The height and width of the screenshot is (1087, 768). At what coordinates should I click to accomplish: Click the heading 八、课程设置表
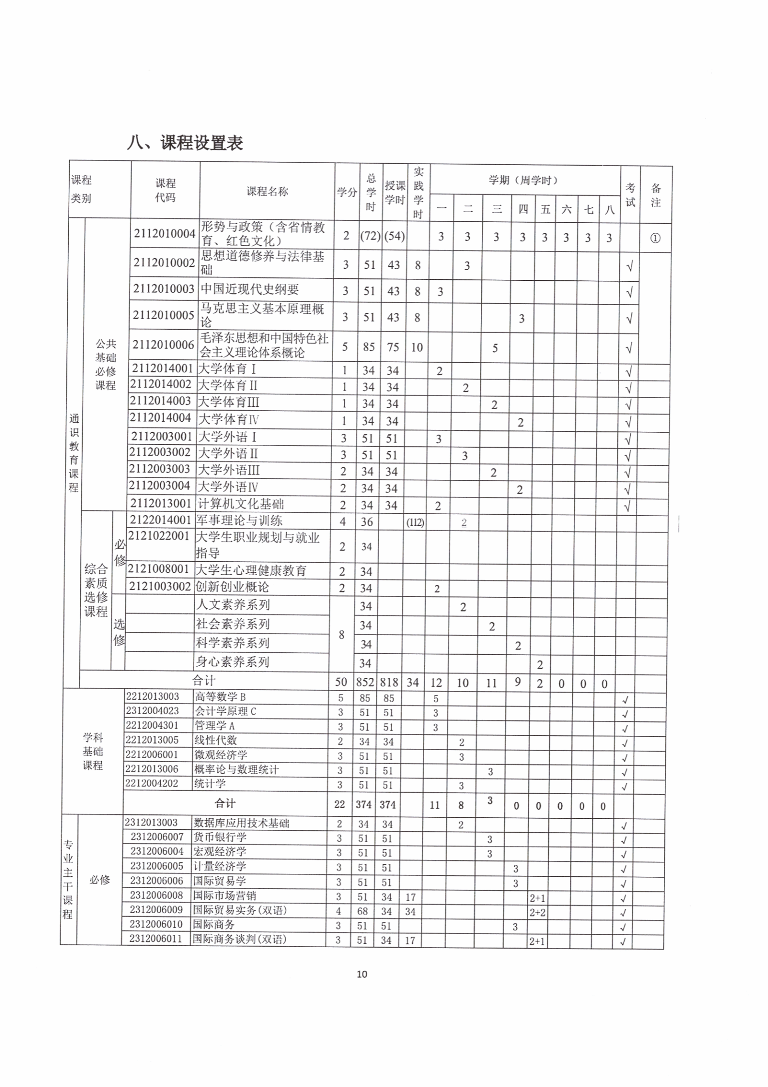[185, 143]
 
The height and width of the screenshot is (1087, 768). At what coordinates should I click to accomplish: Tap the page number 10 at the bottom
[362, 974]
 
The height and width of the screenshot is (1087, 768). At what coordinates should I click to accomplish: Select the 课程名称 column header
[267, 192]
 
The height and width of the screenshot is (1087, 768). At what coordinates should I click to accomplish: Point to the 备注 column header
[656, 195]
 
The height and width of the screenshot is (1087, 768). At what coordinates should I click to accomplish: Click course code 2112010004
[165, 234]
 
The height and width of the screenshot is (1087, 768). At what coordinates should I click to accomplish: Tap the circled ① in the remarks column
[655, 238]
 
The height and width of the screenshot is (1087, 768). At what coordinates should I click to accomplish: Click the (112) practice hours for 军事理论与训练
[415, 522]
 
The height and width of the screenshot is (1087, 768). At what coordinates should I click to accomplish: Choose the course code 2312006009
[156, 910]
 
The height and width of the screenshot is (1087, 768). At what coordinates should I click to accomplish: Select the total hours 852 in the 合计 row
[365, 682]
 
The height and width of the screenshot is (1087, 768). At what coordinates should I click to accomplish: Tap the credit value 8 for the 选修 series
[341, 634]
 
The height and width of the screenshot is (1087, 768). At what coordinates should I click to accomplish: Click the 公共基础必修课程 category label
[106, 365]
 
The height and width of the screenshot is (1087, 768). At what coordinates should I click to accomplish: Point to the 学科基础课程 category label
[92, 751]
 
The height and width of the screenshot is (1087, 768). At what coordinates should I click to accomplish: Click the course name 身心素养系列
[232, 662]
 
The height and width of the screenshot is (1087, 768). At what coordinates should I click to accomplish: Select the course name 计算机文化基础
[241, 504]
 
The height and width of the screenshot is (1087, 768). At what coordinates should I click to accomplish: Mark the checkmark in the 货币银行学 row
[624, 841]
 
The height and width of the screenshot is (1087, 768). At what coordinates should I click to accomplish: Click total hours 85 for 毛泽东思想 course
[369, 347]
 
